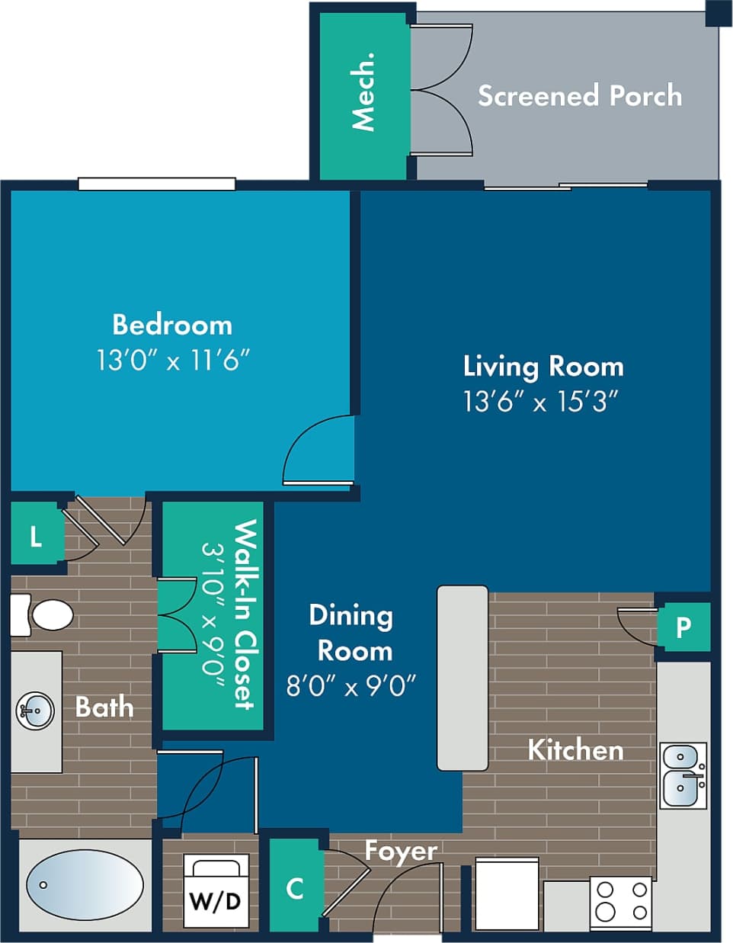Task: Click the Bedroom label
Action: click(x=172, y=325)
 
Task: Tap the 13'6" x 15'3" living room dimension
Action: click(x=540, y=401)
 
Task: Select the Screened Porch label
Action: click(x=579, y=96)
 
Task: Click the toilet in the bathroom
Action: click(x=44, y=614)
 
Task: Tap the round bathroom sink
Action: click(x=34, y=710)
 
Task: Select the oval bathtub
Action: click(x=85, y=885)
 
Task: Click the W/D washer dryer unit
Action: click(x=216, y=891)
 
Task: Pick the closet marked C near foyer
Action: click(x=295, y=887)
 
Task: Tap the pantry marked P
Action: click(x=683, y=627)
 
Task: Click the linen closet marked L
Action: click(x=36, y=537)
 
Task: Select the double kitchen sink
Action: click(x=683, y=775)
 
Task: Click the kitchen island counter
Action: click(x=463, y=678)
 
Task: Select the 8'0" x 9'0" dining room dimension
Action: click(x=350, y=686)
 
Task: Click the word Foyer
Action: click(x=401, y=851)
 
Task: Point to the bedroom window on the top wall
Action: click(x=157, y=184)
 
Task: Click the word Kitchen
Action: click(x=575, y=749)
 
